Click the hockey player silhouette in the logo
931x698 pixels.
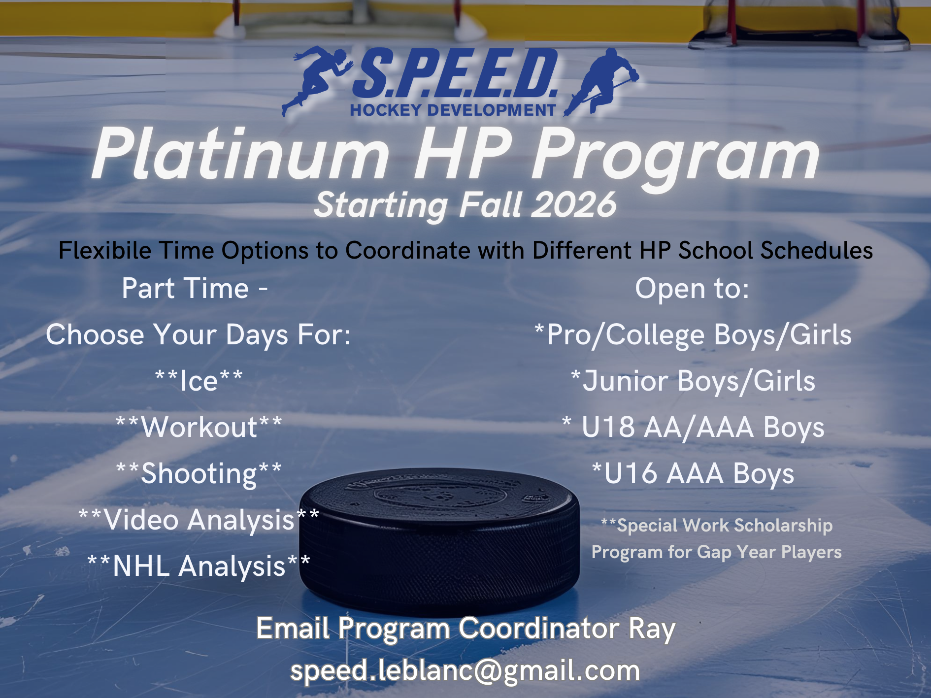(x=602, y=81)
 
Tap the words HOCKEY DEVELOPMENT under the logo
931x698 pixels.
(x=453, y=110)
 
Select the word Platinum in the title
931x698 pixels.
(x=241, y=154)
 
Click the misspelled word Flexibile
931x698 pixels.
(x=104, y=250)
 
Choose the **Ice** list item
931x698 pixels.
(x=199, y=381)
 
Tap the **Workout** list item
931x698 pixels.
(x=199, y=427)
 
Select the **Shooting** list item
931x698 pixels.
(x=199, y=473)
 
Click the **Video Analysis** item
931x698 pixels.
(x=199, y=520)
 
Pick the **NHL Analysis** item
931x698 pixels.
(x=199, y=566)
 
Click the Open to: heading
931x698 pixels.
(x=692, y=288)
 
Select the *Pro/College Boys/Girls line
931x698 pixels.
(x=693, y=335)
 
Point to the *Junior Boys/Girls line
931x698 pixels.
(x=693, y=381)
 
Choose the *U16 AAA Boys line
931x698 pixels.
(x=693, y=473)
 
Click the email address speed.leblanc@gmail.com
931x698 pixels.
(x=465, y=670)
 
